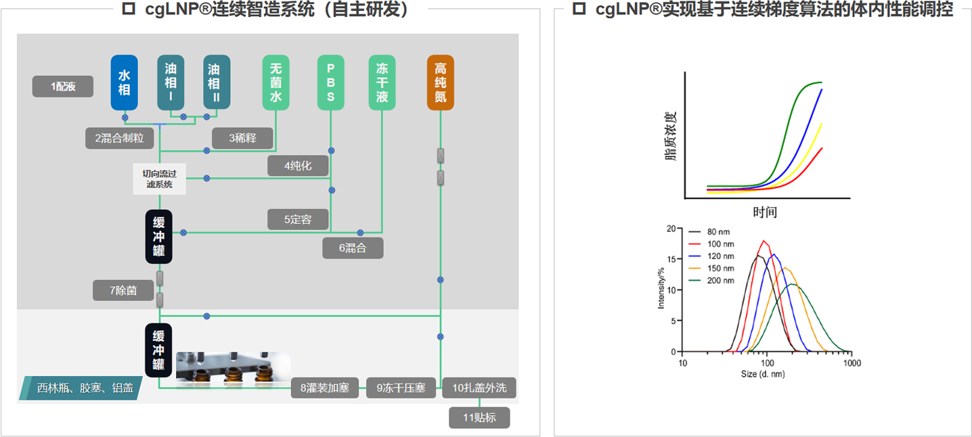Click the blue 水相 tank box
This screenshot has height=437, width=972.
(124, 83)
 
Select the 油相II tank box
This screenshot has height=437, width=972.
(217, 83)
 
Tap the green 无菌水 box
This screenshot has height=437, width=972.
(275, 83)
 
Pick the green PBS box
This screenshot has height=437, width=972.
(330, 83)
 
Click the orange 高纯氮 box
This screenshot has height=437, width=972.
(440, 83)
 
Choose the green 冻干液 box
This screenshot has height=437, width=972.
(382, 83)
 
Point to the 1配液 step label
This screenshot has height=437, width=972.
(63, 87)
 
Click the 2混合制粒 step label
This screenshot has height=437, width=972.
(120, 138)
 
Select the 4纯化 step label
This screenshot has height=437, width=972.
(298, 166)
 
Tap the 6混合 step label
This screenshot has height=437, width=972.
(353, 248)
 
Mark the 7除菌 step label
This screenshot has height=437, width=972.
(123, 290)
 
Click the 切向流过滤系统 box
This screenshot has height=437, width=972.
(159, 179)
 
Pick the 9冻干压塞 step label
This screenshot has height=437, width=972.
(401, 388)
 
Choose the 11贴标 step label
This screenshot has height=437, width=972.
(479, 417)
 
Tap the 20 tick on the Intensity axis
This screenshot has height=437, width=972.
(671, 229)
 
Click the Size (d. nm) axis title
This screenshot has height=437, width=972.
(767, 373)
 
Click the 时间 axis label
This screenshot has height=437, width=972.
(766, 212)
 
